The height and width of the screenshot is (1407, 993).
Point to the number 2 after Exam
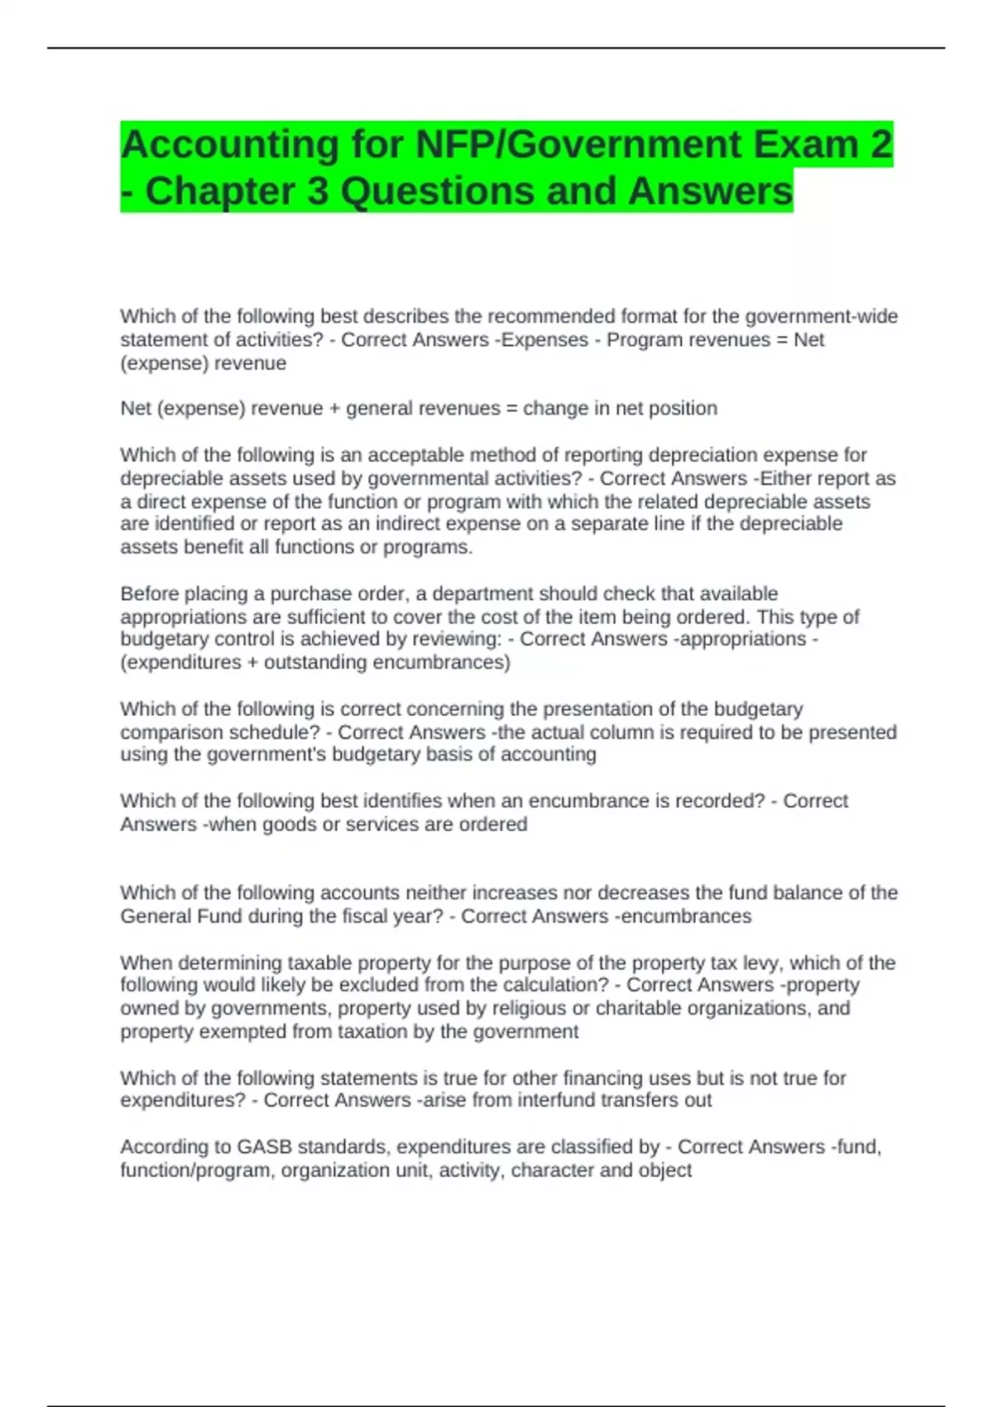click(x=881, y=145)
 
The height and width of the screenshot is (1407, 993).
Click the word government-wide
click(x=822, y=316)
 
